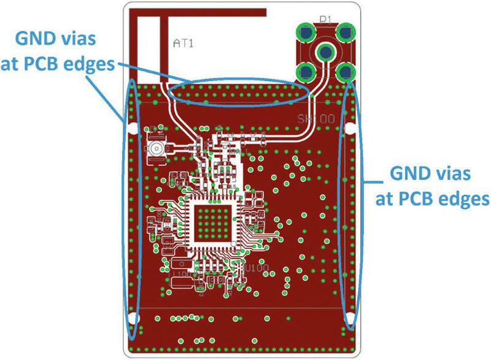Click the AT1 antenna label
pyautogui.click(x=185, y=44)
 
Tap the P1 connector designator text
pyautogui.click(x=325, y=20)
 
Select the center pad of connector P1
pyautogui.click(x=325, y=52)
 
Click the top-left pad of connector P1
pyautogui.click(x=303, y=30)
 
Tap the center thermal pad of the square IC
pyautogui.click(x=212, y=224)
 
